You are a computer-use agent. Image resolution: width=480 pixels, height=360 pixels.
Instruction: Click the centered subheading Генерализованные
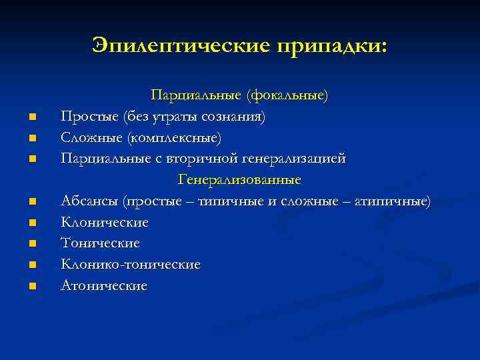tap(239, 180)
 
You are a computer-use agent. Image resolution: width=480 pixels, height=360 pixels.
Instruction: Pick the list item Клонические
tap(105, 222)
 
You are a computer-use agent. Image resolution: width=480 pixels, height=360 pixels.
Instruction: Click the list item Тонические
tap(100, 243)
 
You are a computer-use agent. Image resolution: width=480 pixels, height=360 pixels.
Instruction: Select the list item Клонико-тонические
tap(131, 265)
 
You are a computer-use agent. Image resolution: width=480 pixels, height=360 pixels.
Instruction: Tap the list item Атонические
tap(104, 285)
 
